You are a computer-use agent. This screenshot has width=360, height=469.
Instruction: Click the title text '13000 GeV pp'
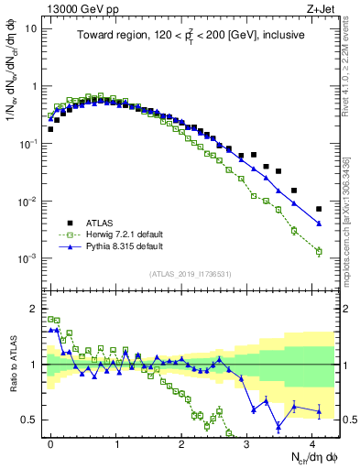[78, 8]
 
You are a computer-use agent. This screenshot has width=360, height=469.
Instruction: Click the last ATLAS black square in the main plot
[319, 209]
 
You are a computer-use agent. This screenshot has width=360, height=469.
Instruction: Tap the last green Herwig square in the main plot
[319, 251]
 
